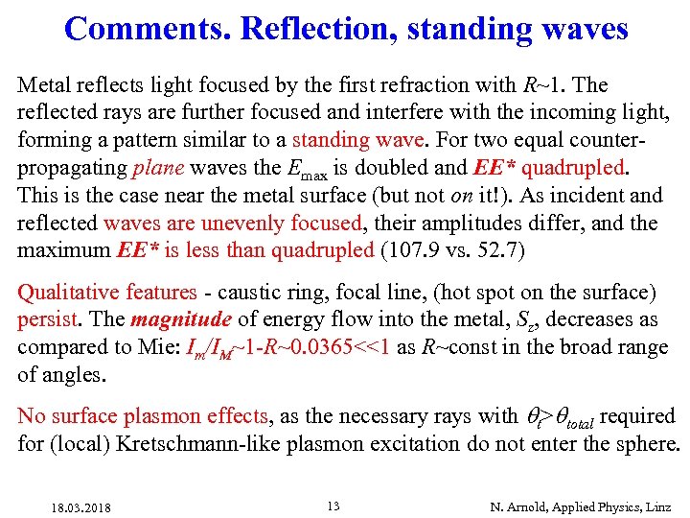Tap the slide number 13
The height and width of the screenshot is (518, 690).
(333, 506)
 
